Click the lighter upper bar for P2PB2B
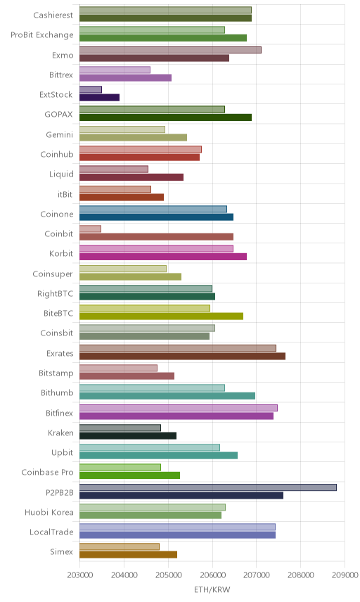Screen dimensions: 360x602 tap(208, 487)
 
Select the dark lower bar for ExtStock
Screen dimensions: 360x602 tap(99, 98)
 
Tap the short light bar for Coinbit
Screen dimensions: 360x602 tap(90, 229)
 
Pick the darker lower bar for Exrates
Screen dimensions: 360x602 tap(182, 357)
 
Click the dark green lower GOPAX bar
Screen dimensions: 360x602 tap(165, 117)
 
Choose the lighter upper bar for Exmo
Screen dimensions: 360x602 tap(170, 50)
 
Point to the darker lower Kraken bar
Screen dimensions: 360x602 tap(128, 436)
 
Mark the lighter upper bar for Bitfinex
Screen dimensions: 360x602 tap(179, 408)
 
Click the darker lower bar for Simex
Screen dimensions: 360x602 tap(128, 554)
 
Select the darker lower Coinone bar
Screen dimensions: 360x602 tap(156, 217)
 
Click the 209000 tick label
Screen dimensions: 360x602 tap(345, 575)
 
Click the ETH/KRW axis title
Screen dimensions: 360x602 tap(212, 590)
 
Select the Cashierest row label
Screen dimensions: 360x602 tap(53, 15)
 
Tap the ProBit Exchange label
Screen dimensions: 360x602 tap(41, 35)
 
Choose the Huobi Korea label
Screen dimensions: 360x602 tap(49, 512)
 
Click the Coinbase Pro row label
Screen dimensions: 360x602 tap(47, 472)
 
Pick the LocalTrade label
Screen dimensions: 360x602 tap(51, 532)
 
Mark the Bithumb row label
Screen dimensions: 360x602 tap(57, 392)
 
